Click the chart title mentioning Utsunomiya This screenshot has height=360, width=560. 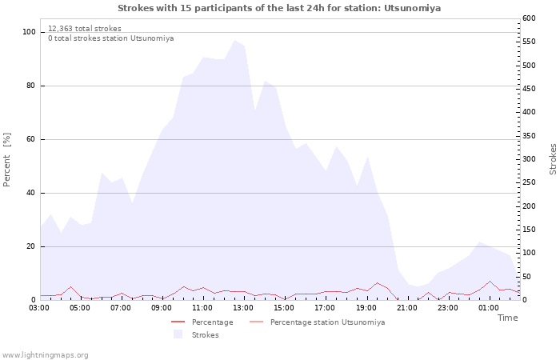[x=279, y=8]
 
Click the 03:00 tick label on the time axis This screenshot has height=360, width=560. [x=40, y=307]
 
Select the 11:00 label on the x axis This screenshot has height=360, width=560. [x=202, y=307]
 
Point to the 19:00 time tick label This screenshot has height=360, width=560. [x=366, y=307]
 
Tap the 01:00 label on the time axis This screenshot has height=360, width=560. [x=489, y=307]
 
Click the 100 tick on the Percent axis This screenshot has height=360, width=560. [x=30, y=32]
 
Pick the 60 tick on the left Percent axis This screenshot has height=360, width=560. [x=31, y=139]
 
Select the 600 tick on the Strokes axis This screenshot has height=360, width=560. [x=530, y=18]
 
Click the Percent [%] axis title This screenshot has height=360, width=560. [x=7, y=160]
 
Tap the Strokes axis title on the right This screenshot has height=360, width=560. [x=553, y=159]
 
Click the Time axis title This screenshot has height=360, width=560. [x=507, y=318]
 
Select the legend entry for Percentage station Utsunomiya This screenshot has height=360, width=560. [x=327, y=322]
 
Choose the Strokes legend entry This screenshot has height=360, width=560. [x=205, y=335]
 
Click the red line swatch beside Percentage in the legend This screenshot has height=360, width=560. [x=178, y=322]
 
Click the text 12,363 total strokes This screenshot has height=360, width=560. [x=85, y=28]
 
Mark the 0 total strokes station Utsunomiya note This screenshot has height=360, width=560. [x=110, y=38]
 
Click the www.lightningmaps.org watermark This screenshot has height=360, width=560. [x=45, y=354]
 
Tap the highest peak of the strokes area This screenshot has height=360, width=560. [x=234, y=41]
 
